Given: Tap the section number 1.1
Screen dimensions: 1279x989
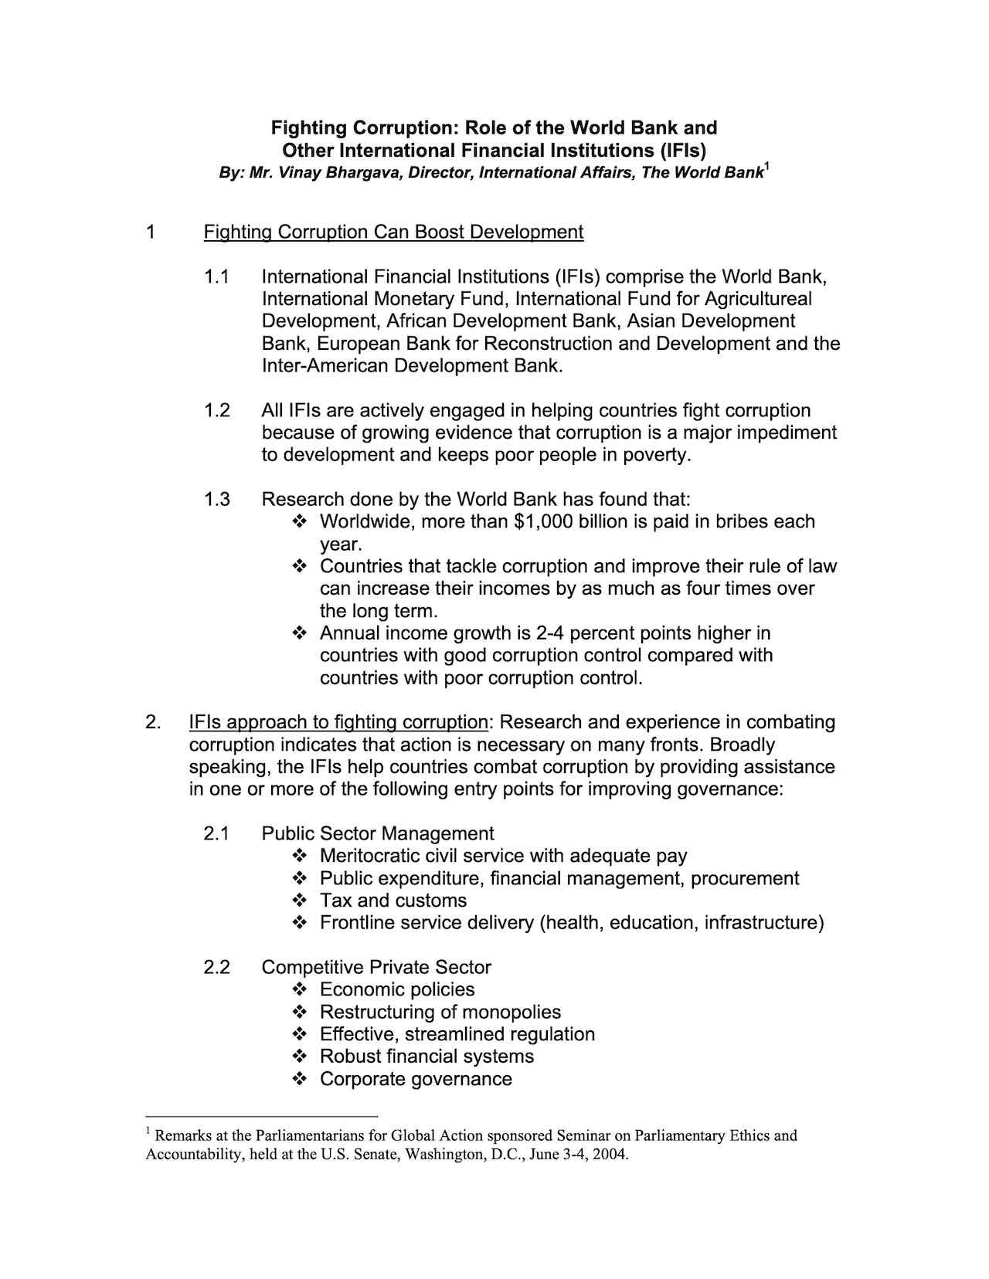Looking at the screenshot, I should click(216, 276).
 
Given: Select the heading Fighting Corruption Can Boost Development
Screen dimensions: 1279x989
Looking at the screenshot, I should click(393, 232).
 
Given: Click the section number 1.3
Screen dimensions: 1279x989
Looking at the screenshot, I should click(217, 499).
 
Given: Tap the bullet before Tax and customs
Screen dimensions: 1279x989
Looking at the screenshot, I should click(301, 901).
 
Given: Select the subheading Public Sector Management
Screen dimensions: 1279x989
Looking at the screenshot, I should click(377, 833).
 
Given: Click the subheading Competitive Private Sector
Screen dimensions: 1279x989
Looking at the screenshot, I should click(376, 967).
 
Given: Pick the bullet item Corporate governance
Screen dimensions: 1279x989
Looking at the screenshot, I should click(416, 1079).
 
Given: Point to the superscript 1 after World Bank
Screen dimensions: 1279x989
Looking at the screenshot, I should click(766, 167).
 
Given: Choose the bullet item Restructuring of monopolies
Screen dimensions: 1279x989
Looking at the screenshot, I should click(440, 1012).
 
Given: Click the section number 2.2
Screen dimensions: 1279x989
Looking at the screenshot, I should click(217, 967).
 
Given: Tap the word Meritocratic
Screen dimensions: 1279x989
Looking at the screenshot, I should click(369, 856).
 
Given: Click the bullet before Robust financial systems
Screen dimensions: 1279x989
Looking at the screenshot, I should click(301, 1057).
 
